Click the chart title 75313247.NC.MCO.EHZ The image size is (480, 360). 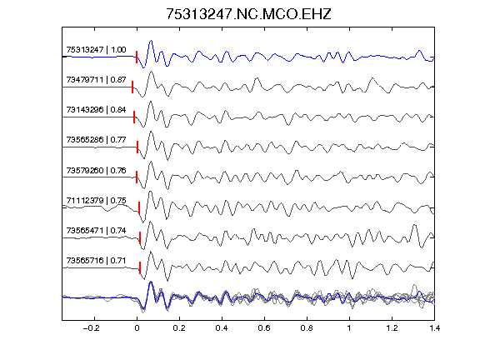tap(248, 14)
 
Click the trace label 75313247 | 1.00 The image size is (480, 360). tap(96, 50)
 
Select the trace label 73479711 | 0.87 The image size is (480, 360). tap(96, 80)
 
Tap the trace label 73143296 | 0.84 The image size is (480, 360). tap(96, 110)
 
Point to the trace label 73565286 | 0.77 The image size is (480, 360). tap(96, 140)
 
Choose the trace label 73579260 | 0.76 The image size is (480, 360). tap(96, 170)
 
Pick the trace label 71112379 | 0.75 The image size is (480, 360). tap(96, 201)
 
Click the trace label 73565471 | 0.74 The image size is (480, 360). tap(96, 230)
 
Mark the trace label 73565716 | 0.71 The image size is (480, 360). tap(96, 261)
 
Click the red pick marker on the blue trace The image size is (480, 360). tap(137, 57)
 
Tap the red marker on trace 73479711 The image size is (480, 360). tap(132, 87)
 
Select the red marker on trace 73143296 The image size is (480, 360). tap(134, 117)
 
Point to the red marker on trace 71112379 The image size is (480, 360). tap(139, 207)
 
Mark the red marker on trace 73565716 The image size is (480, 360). tap(140, 267)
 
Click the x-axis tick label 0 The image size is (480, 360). tap(137, 328)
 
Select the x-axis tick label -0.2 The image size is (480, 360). tap(92, 328)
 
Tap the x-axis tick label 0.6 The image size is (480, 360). tap(264, 328)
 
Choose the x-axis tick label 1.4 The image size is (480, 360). tap(434, 328)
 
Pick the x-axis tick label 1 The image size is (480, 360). tap(349, 328)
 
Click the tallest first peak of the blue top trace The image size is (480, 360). tap(151, 41)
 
